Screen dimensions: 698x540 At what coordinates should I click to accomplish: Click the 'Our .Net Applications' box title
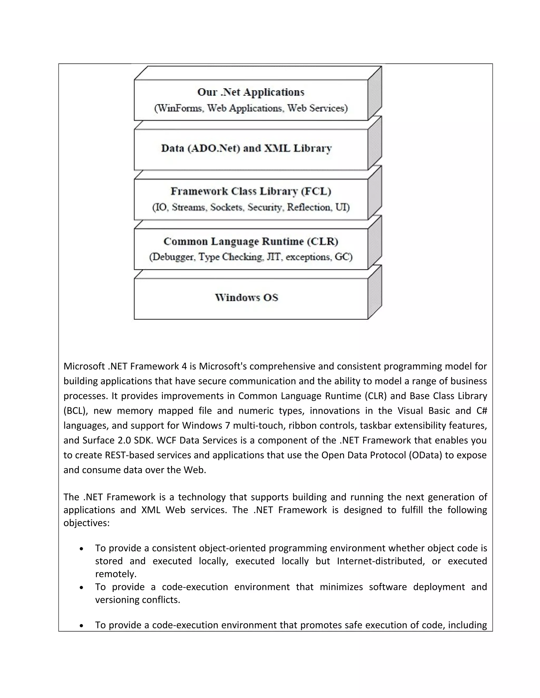click(x=250, y=92)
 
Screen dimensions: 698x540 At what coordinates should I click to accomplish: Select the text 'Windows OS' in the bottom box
click(x=246, y=298)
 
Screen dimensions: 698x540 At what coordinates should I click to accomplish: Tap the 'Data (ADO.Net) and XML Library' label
click(x=246, y=148)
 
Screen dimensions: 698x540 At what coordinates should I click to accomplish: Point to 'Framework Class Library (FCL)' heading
click(x=250, y=191)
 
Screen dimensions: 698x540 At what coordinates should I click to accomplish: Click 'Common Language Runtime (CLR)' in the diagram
click(x=250, y=241)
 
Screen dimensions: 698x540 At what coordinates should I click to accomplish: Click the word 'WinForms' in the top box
click(x=179, y=108)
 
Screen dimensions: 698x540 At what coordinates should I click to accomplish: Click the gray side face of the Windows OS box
click(x=375, y=292)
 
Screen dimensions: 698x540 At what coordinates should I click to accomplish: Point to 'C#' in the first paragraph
click(x=481, y=411)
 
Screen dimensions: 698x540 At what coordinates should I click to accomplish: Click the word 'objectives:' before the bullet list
click(x=86, y=523)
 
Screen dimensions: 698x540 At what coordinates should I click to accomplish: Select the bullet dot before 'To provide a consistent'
click(x=82, y=549)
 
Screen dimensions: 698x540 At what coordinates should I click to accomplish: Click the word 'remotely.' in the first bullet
click(x=116, y=574)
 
